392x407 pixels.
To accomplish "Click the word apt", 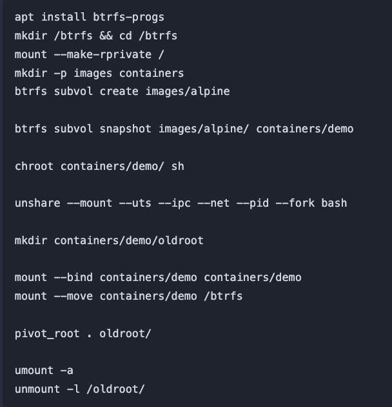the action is coord(24,17).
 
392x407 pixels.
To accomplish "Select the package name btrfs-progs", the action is coord(129,17).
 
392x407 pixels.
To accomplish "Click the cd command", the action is coord(126,36).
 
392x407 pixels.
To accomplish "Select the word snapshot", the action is coord(126,129).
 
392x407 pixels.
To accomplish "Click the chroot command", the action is coord(34,166).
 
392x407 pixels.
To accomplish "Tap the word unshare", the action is coord(37,203).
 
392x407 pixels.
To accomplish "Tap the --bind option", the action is coord(73,278).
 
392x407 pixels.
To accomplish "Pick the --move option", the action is coord(73,296).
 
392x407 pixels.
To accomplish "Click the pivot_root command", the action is coord(47,333).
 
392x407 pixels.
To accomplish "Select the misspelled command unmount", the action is coord(37,389).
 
